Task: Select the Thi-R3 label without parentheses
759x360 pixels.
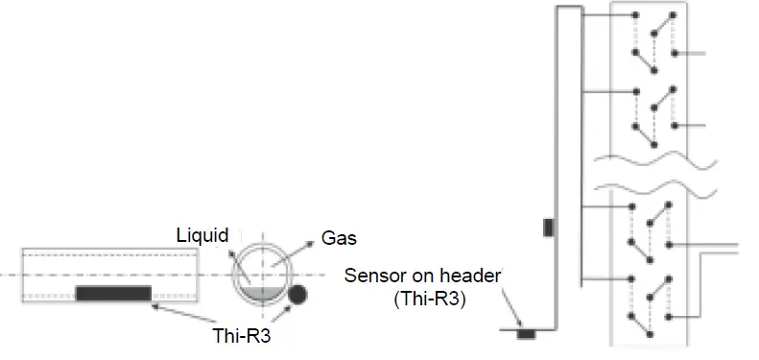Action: pyautogui.click(x=248, y=337)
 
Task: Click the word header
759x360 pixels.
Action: pyautogui.click(x=476, y=276)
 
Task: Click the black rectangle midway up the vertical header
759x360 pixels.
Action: pyautogui.click(x=549, y=228)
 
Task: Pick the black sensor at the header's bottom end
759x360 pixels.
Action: pyautogui.click(x=526, y=334)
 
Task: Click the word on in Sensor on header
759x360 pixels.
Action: pyautogui.click(x=428, y=276)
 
